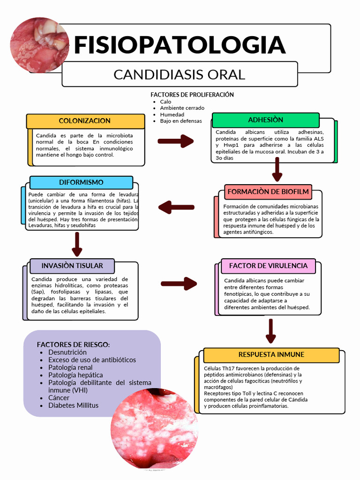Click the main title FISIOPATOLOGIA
[x=180, y=45]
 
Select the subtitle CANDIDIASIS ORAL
[x=180, y=75]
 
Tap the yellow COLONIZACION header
[x=85, y=121]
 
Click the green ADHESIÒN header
[x=265, y=120]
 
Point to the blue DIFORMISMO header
[x=81, y=182]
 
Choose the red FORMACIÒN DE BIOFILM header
[x=268, y=192]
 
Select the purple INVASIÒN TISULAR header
[x=72, y=266]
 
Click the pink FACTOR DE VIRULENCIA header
[x=268, y=266]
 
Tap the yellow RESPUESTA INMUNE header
[x=271, y=355]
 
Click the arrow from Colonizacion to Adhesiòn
[x=175, y=141]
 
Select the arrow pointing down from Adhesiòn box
[x=277, y=169]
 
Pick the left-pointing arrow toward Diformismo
[x=176, y=207]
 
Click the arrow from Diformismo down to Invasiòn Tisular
[x=77, y=244]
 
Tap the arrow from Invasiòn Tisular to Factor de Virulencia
[x=179, y=283]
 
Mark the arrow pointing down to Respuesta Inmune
[x=270, y=331]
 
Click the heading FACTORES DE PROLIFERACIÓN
[x=192, y=95]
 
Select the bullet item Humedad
[x=172, y=114]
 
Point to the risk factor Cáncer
[x=59, y=397]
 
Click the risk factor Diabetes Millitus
[x=73, y=405]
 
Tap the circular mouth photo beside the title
[x=39, y=45]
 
